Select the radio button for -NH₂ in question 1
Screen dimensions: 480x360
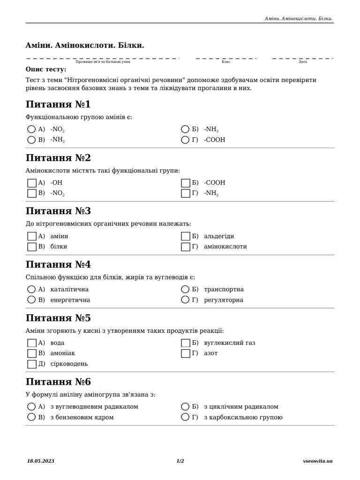pos(31,140)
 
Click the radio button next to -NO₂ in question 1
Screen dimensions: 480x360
pos(31,129)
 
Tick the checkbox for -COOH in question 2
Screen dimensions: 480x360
pos(186,183)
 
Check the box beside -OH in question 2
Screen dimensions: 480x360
pos(32,183)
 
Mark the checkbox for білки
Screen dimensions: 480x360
pos(32,247)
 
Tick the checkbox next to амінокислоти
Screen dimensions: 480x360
pos(186,247)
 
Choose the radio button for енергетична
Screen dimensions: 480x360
pos(31,300)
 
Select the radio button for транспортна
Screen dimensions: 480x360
pos(185,289)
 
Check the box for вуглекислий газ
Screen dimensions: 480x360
pos(186,343)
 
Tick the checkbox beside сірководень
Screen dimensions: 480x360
pos(32,364)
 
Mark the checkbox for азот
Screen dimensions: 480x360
pos(186,353)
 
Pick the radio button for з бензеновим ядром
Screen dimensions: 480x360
pos(31,417)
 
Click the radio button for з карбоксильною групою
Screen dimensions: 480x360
pos(185,417)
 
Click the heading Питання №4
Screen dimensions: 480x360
pos(58,264)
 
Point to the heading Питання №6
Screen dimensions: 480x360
pos(58,382)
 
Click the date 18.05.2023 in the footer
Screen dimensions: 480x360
pos(41,461)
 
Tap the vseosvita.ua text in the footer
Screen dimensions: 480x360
pos(318,461)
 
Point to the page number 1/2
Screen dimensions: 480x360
pos(180,461)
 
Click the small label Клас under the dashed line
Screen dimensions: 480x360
pos(226,61)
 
